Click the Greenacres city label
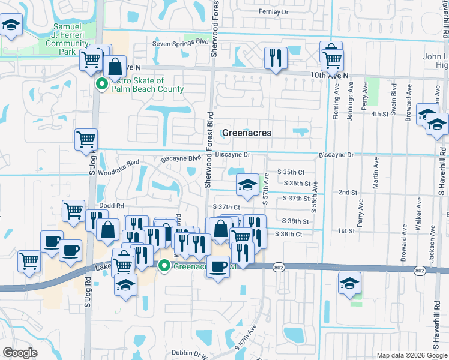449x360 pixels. pos(247,133)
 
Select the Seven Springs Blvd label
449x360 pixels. pos(180,43)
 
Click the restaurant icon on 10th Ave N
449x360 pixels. pos(276,58)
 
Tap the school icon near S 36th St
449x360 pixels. pos(247,185)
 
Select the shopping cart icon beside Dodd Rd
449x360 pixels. pos(73,211)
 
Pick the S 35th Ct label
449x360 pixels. pos(291,172)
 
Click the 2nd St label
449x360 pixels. pos(348,193)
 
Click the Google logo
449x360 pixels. pos(20,353)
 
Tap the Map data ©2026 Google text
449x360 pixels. pos(412,355)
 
